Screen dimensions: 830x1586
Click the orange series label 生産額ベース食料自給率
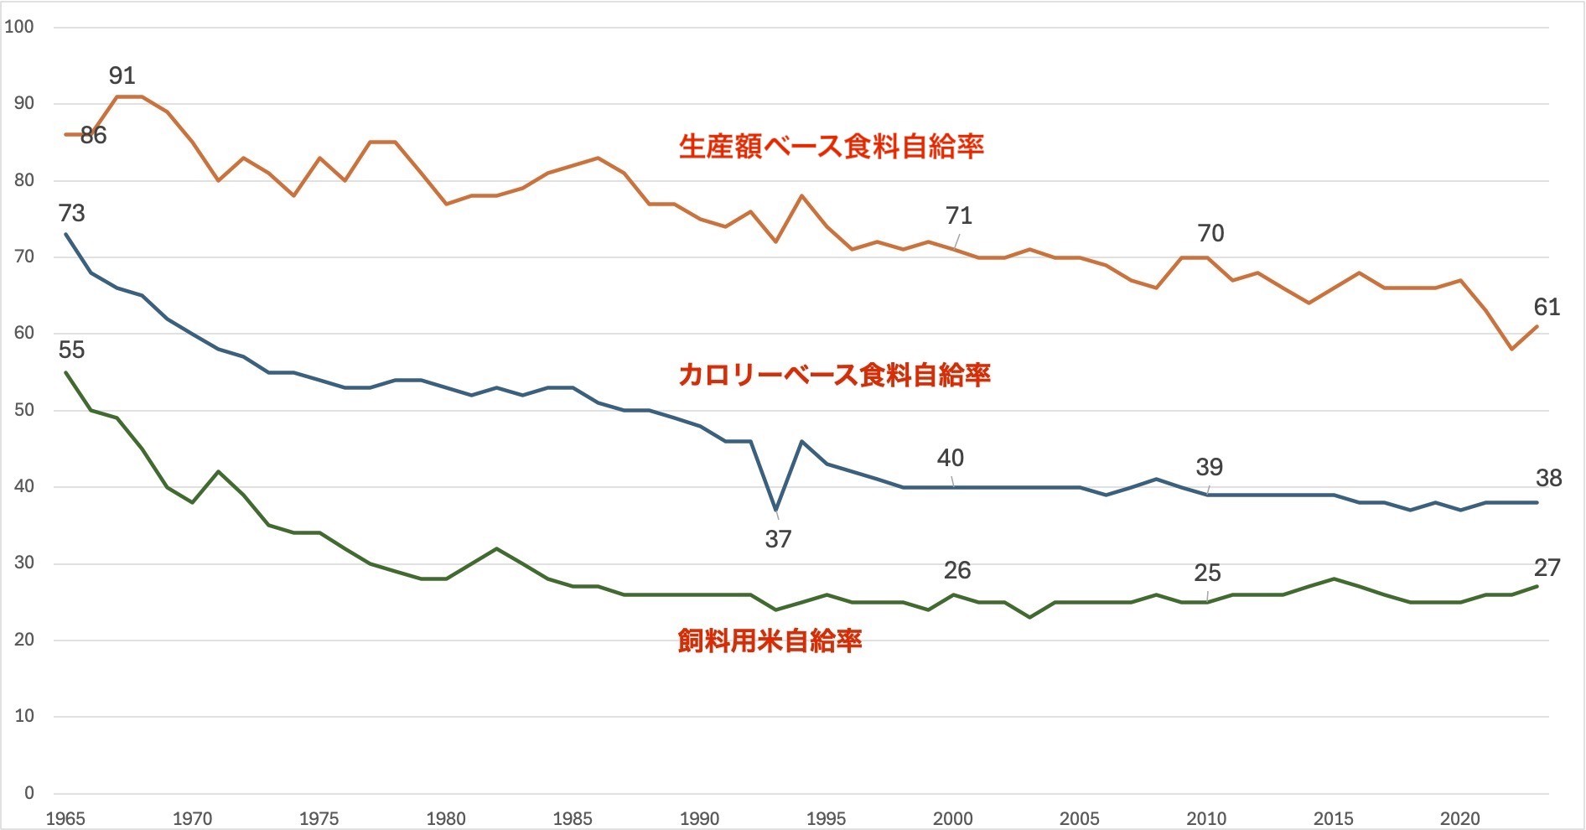[831, 147]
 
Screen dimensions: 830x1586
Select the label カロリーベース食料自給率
[834, 374]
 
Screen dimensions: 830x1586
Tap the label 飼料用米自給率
[770, 641]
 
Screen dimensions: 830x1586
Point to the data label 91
[122, 75]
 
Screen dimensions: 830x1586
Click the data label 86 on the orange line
[93, 135]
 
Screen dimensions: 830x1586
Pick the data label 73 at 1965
[72, 214]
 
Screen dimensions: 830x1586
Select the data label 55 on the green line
[72, 350]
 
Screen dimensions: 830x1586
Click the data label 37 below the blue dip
[778, 539]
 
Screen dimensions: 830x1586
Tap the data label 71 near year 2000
[958, 216]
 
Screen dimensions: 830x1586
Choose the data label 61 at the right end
[1547, 307]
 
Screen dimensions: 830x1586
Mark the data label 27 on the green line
[1547, 568]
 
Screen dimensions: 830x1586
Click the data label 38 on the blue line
[1548, 478]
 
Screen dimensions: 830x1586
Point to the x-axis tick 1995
[826, 818]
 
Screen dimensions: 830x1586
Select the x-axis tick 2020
[1460, 818]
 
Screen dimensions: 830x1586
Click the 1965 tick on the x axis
[65, 818]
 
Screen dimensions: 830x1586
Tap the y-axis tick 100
[19, 27]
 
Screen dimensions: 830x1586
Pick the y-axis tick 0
[29, 792]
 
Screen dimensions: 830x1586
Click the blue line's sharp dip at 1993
[776, 510]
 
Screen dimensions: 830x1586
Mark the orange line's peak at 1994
[801, 195]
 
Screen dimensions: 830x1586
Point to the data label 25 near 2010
[1207, 573]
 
